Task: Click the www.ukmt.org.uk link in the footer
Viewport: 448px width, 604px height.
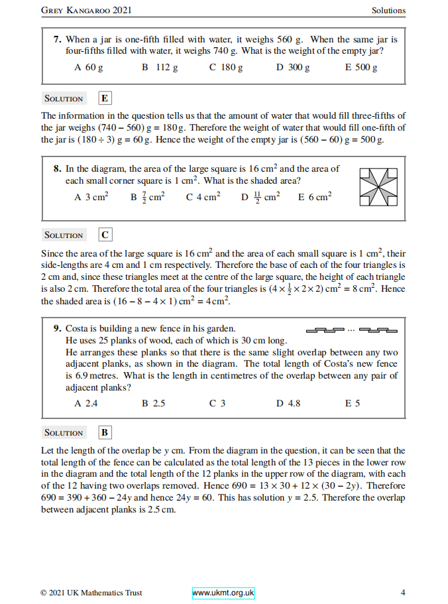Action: tap(223, 593)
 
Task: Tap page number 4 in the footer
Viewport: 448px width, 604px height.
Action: tap(403, 593)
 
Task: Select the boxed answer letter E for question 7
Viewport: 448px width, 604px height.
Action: tap(105, 99)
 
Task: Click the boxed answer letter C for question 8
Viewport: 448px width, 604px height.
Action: tap(105, 235)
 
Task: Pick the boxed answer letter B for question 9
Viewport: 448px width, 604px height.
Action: tap(105, 433)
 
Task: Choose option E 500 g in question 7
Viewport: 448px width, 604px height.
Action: tap(361, 68)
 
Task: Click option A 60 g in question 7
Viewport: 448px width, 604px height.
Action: tap(89, 68)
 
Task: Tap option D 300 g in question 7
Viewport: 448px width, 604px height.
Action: tap(293, 68)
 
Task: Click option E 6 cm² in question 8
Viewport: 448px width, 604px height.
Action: tap(315, 197)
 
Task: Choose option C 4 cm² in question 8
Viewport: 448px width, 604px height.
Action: tap(203, 197)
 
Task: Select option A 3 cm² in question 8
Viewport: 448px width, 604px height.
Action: tap(91, 197)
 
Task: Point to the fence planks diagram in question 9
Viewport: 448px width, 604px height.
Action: tap(351, 330)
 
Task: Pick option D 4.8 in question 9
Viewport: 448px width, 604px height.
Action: tap(288, 402)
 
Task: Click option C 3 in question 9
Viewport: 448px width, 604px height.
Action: tap(217, 402)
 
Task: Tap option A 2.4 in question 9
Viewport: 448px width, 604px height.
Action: tap(86, 402)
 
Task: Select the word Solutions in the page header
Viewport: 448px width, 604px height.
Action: tap(388, 11)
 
